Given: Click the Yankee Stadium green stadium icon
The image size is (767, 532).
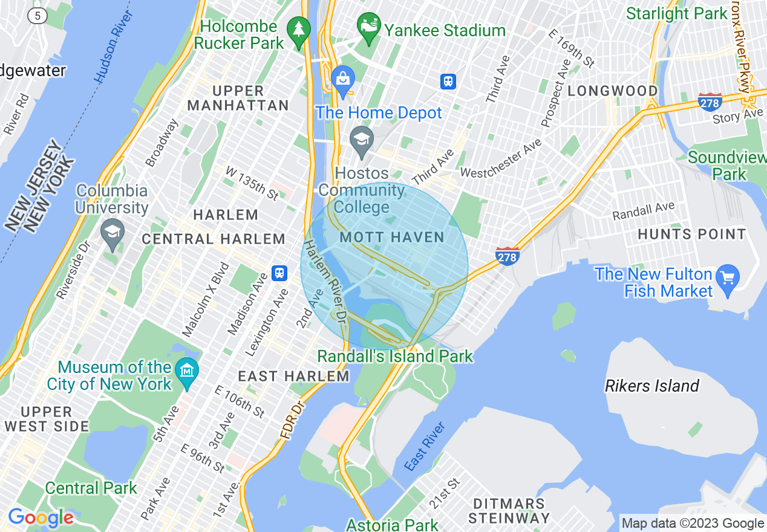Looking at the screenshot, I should [368, 25].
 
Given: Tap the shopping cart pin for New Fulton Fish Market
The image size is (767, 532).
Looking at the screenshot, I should [727, 278].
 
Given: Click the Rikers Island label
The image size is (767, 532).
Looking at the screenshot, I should [652, 386].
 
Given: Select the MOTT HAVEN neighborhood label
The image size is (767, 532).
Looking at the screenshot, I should [392, 238].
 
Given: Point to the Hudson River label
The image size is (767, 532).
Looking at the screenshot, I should [113, 46].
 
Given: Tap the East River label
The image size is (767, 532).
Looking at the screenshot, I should [425, 447].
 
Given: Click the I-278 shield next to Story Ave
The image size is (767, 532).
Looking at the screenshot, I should [710, 102].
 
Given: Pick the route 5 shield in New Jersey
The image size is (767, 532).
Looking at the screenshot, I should [38, 16].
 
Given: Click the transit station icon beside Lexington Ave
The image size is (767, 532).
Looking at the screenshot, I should [279, 273].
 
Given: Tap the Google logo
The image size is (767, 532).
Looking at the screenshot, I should [41, 517].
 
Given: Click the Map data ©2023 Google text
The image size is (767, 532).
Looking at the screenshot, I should [693, 524].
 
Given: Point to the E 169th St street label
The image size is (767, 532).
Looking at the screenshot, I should [571, 47].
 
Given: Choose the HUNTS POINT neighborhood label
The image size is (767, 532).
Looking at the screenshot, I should [692, 235].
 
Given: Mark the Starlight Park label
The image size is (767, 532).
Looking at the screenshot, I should [676, 13].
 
